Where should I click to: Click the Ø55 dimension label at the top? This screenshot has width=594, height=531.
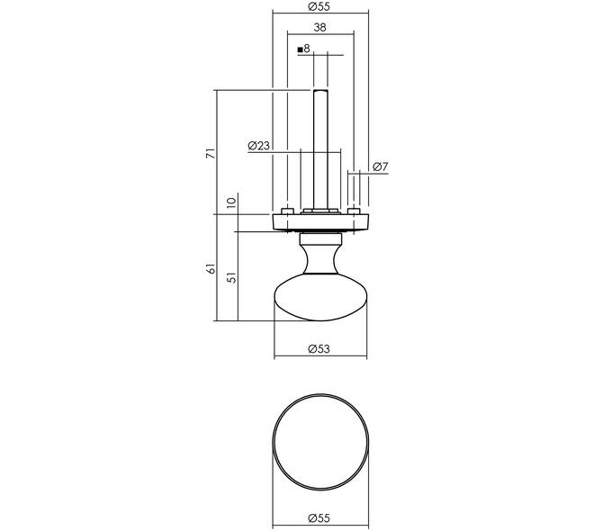point(319,6)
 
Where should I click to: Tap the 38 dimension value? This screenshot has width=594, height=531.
point(320,27)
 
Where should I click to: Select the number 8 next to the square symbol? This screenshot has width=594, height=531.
point(307,49)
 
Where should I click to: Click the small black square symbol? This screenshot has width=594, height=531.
point(300,49)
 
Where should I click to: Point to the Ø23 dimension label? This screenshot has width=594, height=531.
point(258,146)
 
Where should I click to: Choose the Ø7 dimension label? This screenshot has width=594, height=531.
point(381,166)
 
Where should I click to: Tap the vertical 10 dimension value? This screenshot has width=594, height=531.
point(231,202)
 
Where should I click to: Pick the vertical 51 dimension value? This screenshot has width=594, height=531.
point(231,277)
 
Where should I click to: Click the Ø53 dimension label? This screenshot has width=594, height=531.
point(319,349)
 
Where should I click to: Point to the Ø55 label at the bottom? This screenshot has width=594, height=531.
point(319,517)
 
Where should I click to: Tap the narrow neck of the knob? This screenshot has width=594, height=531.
point(320,258)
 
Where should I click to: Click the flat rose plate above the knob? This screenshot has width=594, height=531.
point(320,222)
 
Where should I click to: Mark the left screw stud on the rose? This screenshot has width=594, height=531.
point(287,211)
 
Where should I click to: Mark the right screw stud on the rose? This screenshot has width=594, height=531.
point(354,211)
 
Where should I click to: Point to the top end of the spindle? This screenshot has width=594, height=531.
point(320,90)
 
